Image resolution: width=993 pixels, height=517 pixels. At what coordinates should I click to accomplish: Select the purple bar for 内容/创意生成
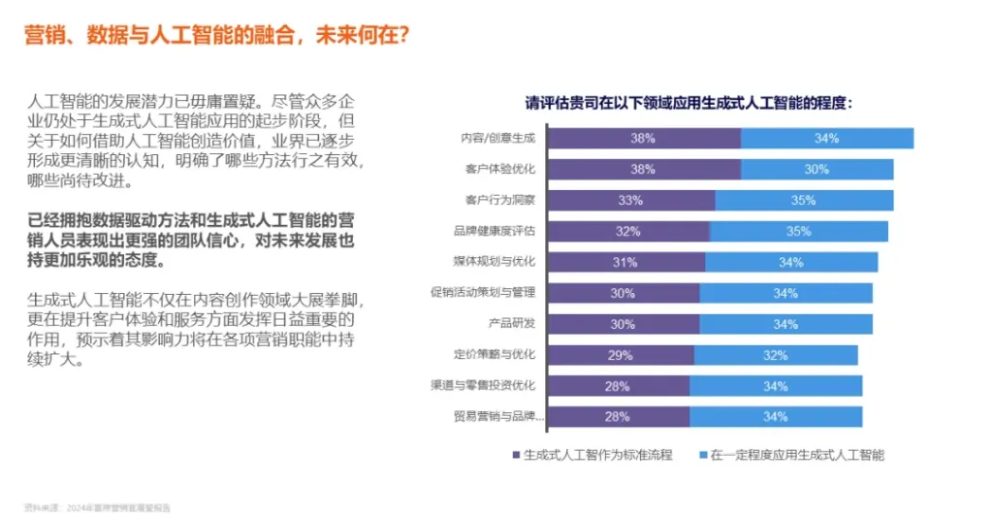pos(642,139)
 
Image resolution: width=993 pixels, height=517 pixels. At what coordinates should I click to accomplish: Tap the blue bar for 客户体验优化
pos(817,170)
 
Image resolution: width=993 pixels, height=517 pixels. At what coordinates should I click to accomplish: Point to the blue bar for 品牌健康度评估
pos(798,232)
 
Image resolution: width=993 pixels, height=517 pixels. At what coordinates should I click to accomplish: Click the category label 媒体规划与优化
pos(495,262)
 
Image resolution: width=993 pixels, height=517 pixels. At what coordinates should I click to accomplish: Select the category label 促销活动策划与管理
pos(483,293)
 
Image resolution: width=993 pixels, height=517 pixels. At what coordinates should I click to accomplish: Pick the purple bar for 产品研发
pos(623,324)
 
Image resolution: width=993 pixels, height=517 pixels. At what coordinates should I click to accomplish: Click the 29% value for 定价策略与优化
pos(621,355)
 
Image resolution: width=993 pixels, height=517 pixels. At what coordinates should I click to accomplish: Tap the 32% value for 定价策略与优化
pos(776,355)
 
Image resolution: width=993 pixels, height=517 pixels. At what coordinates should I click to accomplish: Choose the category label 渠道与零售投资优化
pos(483,386)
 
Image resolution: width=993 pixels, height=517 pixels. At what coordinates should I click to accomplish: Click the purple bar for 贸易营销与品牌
pos(617,417)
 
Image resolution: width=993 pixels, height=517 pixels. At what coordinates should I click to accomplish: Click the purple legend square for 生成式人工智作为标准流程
pos(515,454)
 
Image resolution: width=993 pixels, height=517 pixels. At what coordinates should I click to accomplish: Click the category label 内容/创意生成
pos(498,139)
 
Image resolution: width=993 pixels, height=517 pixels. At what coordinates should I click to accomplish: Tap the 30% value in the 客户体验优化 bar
pos(817,170)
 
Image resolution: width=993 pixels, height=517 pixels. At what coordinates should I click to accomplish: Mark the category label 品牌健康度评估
pos(495,232)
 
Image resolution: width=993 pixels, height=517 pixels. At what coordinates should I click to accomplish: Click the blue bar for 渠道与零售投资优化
pos(776,386)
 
